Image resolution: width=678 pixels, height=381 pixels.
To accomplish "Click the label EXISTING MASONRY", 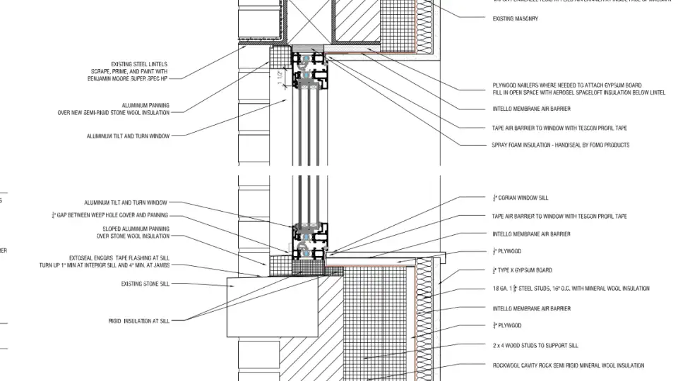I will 515,19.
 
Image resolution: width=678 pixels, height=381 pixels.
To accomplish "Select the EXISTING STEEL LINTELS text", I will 139,64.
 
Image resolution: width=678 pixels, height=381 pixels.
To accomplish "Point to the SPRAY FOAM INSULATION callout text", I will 560,145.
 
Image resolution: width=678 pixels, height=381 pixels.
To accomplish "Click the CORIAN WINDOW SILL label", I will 521,198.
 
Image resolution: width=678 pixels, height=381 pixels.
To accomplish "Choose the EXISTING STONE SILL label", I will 145,284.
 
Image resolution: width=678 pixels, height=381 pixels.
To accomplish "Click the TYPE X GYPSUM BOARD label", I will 522,270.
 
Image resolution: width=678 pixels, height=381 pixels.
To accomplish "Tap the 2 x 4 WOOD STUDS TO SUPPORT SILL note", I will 535,346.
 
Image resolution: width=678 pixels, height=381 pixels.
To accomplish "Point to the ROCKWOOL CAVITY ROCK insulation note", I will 568,365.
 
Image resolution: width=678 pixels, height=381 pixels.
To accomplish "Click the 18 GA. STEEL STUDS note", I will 571,289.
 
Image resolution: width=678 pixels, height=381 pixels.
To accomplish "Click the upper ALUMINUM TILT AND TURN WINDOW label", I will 128,136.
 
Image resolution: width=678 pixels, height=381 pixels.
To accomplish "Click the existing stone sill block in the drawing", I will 251,307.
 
